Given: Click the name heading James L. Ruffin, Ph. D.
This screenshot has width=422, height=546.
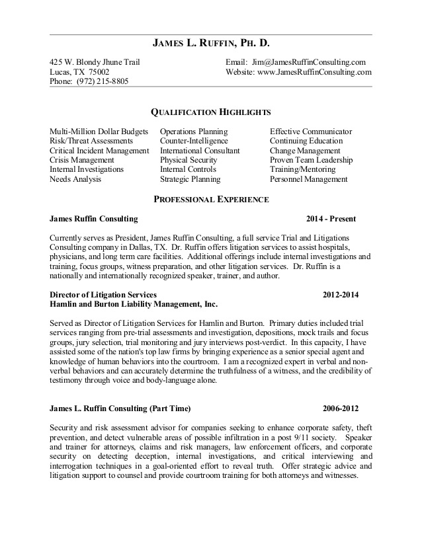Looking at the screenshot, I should (211, 44).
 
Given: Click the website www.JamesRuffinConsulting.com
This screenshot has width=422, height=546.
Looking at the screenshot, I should (314, 72).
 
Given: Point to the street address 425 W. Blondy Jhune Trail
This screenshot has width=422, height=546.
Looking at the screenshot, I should (95, 62).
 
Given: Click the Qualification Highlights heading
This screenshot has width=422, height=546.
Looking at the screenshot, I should (210, 113).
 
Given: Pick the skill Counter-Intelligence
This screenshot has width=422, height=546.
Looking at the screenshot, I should (194, 141).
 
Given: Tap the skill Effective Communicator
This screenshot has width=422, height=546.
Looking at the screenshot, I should (311, 132).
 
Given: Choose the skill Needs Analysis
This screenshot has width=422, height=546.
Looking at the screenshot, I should (74, 178).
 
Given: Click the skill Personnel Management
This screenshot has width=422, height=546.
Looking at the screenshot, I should (308, 178).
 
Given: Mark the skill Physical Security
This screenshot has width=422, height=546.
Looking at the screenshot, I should (189, 160).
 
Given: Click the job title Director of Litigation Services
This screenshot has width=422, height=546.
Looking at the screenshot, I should (103, 294).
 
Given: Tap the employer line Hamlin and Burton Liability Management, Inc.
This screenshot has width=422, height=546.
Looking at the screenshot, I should (134, 304).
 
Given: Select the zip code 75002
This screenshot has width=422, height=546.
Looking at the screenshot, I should (96, 72).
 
